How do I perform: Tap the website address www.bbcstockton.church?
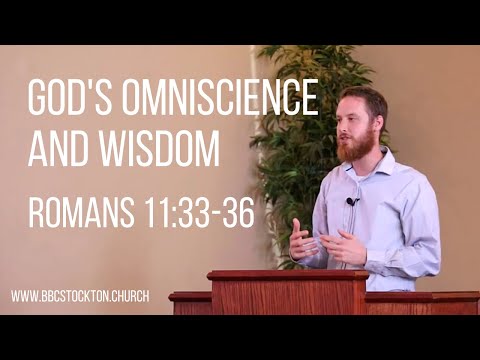tap(81, 297)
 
